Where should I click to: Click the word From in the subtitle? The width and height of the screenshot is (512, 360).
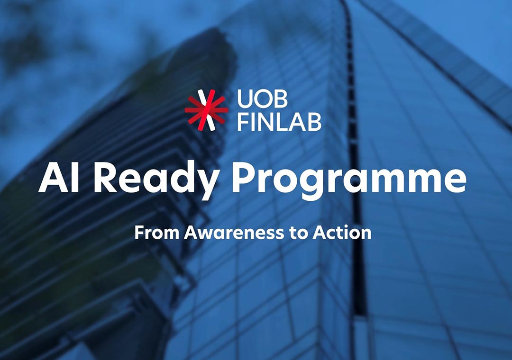(156, 233)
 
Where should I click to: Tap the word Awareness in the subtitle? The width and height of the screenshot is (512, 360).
(231, 233)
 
